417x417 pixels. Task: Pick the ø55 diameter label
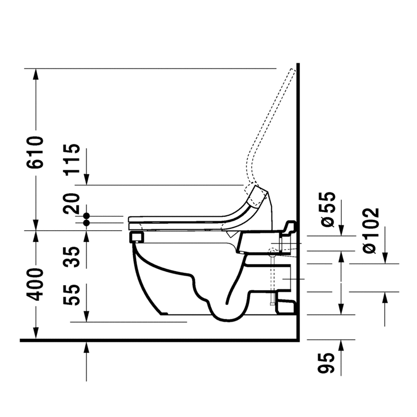tap(328, 210)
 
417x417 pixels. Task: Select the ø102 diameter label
tap(371, 231)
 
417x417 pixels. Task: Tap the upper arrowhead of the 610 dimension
tap(36, 73)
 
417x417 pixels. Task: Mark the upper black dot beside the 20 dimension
tap(87, 216)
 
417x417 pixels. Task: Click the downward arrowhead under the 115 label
tap(87, 180)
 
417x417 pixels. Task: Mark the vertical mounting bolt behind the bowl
tap(272, 281)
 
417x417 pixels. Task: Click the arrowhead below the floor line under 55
tap(87, 348)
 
